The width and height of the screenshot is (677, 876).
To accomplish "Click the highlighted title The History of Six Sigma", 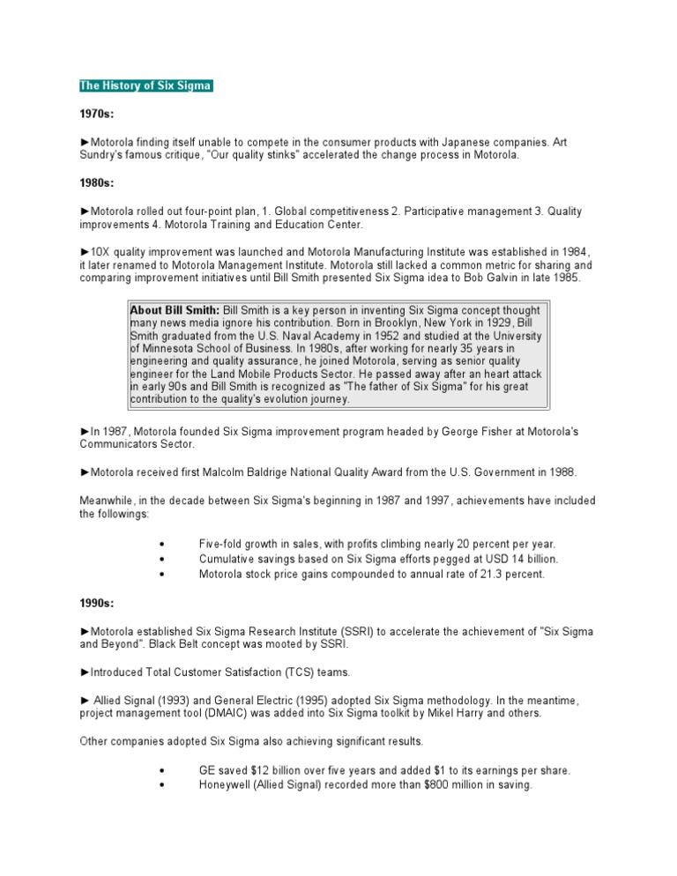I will pyautogui.click(x=145, y=85).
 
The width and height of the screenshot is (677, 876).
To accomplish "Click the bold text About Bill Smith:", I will pyautogui.click(x=175, y=311).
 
